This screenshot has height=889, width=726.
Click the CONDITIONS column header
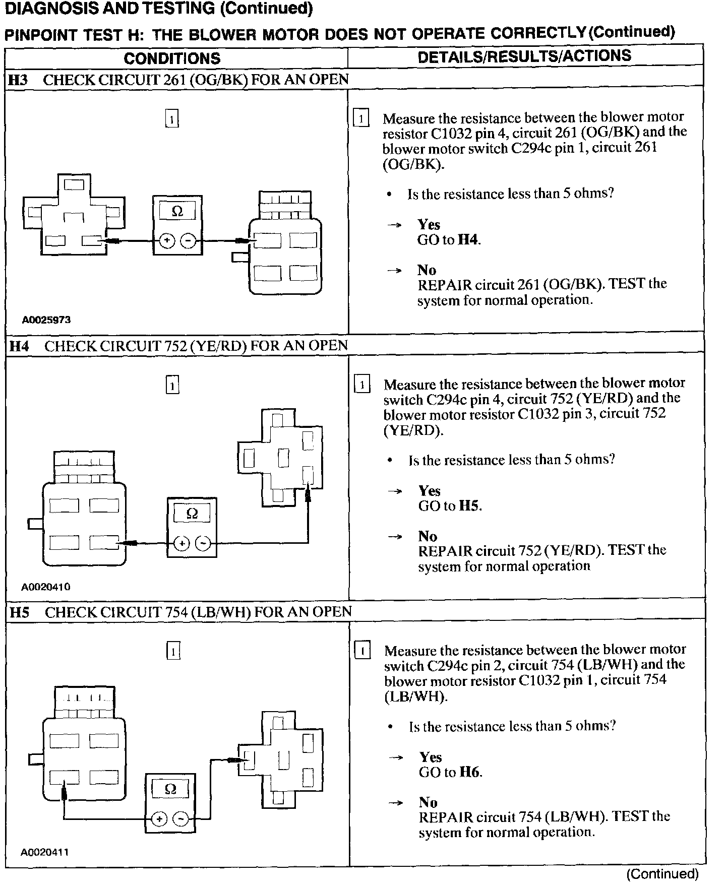click(x=172, y=58)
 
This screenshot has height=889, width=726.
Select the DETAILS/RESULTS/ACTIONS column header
click(x=524, y=56)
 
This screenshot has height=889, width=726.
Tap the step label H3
click(x=20, y=80)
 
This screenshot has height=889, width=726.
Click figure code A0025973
click(x=46, y=320)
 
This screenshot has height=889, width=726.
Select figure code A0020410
click(x=46, y=587)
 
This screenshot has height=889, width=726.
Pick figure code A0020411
click(x=45, y=852)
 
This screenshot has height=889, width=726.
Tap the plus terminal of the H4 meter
click(x=181, y=543)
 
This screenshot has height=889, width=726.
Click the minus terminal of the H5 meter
click(x=180, y=819)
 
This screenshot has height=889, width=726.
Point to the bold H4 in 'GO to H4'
click(x=468, y=240)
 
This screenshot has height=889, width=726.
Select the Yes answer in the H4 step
click(x=430, y=490)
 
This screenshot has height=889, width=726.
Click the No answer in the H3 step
click(x=427, y=270)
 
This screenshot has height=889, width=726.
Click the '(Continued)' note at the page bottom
click(x=662, y=873)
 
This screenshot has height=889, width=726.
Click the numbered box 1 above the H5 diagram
click(x=173, y=652)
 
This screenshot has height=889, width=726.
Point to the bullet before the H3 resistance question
click(x=390, y=195)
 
